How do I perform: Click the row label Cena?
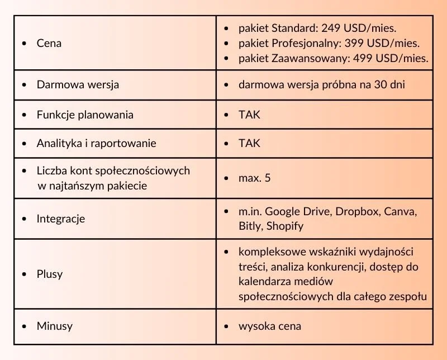[49, 43]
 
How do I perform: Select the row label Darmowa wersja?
[78, 85]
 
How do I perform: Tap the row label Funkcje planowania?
[85, 115]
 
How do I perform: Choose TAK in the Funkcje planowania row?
[249, 115]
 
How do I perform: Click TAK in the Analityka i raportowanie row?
[249, 143]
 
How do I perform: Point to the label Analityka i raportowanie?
[96, 143]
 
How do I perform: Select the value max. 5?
[255, 178]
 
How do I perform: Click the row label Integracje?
[61, 219]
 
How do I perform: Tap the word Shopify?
[285, 226]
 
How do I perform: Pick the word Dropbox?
[356, 212]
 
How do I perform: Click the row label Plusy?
[50, 274]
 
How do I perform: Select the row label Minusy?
[54, 325]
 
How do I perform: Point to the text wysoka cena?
[269, 325]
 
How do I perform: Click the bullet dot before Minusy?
[23, 326]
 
